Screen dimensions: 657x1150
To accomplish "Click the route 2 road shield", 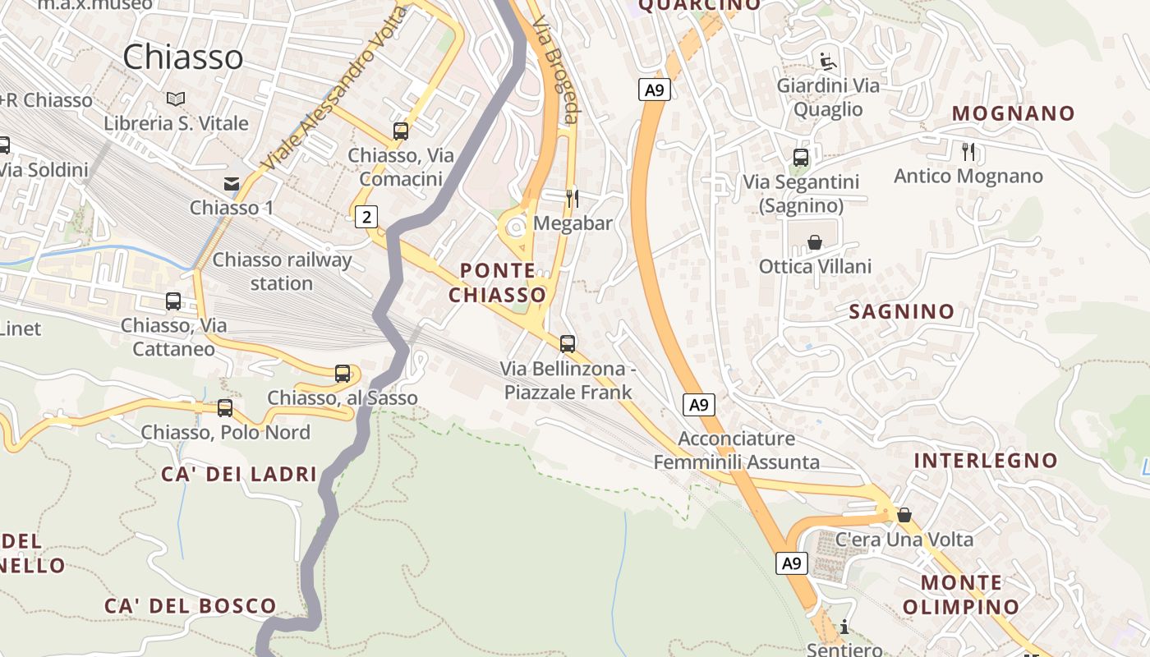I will click(366, 217).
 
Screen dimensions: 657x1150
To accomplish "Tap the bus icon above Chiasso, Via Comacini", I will click(401, 131).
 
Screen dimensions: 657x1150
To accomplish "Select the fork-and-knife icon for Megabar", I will click(573, 198).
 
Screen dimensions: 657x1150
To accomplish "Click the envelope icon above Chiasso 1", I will click(232, 183).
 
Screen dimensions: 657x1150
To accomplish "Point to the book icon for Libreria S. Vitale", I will click(176, 99).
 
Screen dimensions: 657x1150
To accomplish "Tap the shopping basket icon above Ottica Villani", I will click(815, 242).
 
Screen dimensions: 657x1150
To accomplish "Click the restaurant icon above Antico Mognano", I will click(968, 151).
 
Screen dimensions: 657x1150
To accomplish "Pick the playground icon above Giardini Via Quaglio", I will click(828, 61).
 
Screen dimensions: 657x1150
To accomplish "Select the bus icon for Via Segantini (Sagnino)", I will click(801, 158).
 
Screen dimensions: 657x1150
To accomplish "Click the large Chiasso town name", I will click(183, 57).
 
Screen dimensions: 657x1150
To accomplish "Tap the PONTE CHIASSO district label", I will click(498, 283).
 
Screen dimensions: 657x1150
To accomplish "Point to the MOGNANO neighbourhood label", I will click(1014, 113).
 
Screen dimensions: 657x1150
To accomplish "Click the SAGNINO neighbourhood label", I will click(902, 311).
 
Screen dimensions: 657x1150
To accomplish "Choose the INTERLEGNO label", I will click(986, 460).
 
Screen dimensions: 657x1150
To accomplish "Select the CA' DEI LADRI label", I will click(239, 474).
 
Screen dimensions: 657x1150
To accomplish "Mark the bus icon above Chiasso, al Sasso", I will click(343, 374).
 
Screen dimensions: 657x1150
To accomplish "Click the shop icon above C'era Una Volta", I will click(904, 515).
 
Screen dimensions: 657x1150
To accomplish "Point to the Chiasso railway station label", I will click(282, 272).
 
